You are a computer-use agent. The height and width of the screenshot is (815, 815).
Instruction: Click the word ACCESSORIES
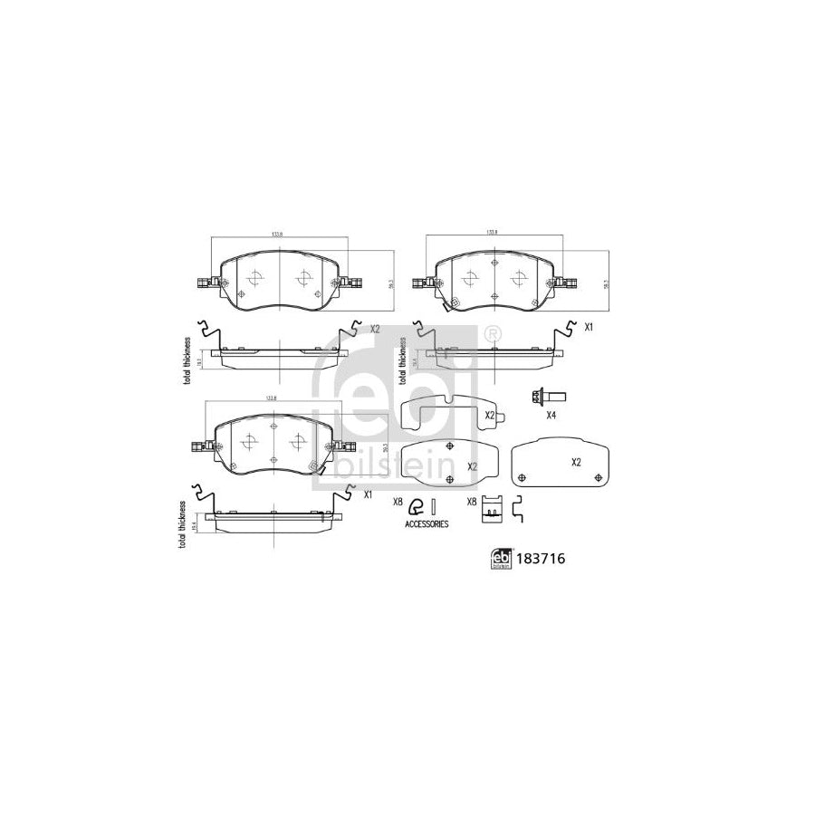pos(426,524)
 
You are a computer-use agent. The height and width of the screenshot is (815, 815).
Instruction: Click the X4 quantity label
pos(551,416)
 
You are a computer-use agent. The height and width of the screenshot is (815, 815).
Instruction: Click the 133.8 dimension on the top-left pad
pos(277,235)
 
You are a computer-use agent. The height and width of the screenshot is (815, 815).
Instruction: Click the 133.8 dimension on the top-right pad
pos(493,233)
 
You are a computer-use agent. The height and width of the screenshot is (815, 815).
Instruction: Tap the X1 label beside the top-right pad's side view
pos(589,327)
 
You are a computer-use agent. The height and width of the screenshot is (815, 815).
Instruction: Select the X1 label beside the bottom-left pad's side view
pos(369,495)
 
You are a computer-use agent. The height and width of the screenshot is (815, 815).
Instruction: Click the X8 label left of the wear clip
pos(397,502)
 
